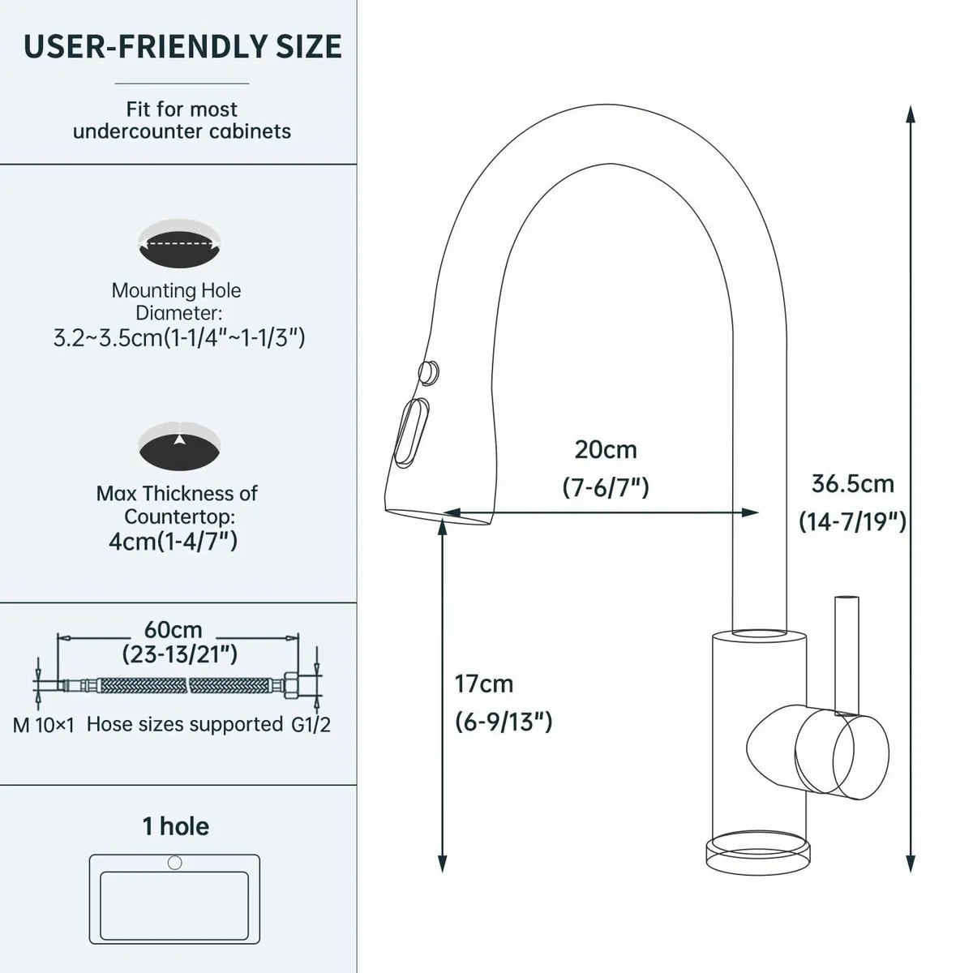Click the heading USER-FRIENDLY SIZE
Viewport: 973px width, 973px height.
pyautogui.click(x=182, y=46)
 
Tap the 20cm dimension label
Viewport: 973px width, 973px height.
pyautogui.click(x=606, y=449)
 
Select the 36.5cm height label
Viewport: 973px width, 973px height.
pyautogui.click(x=852, y=484)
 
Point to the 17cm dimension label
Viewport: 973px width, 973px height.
pyautogui.click(x=484, y=684)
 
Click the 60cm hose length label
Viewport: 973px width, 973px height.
pyautogui.click(x=174, y=629)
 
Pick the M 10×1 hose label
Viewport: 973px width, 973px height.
pyautogui.click(x=43, y=725)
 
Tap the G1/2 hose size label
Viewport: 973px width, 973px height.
pyautogui.click(x=311, y=724)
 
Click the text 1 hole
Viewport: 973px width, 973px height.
pyautogui.click(x=176, y=826)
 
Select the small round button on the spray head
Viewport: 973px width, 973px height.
pyautogui.click(x=430, y=371)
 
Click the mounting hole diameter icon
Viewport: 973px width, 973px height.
pyautogui.click(x=179, y=242)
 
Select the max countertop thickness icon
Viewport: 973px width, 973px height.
pyautogui.click(x=179, y=446)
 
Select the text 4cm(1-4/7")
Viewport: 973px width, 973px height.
pyautogui.click(x=174, y=541)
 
